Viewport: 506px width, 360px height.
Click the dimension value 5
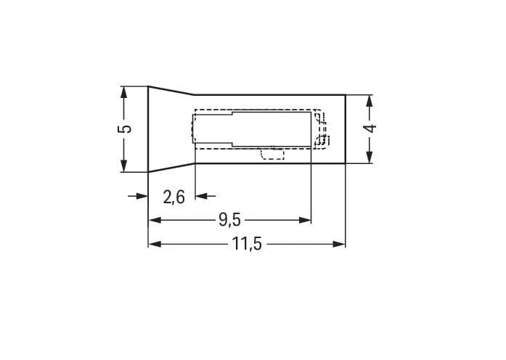click(x=125, y=128)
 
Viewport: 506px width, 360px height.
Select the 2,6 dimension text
click(x=174, y=197)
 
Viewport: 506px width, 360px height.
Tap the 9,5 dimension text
click(x=229, y=220)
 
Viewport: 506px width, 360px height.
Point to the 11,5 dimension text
click(x=247, y=244)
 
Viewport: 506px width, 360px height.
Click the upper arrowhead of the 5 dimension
click(x=123, y=92)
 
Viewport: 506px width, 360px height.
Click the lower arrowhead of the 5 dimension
click(x=123, y=166)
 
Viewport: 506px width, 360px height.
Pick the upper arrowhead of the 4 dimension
click(x=370, y=101)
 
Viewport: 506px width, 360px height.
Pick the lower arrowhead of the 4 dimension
click(x=370, y=157)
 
